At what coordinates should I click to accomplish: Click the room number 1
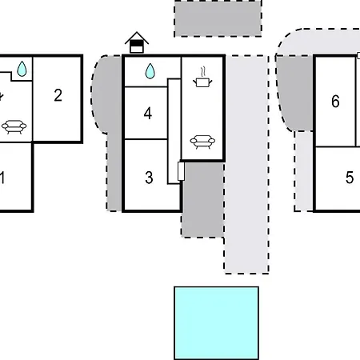2,178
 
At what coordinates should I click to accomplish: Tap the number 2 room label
58,95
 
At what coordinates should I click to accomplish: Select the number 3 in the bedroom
149,178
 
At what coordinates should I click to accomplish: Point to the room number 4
148,114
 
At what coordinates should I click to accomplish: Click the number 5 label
350,178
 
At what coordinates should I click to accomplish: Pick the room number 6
335,102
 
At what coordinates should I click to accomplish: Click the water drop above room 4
150,71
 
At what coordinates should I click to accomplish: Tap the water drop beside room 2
22,69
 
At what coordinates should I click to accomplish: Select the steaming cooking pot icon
202,77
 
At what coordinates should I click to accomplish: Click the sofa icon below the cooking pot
202,142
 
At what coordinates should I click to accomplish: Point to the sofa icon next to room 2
14,126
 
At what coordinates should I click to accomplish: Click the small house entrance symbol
137,42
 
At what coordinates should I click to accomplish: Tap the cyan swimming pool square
216,323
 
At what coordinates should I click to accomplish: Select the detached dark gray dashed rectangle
218,18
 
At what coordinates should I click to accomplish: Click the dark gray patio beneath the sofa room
202,199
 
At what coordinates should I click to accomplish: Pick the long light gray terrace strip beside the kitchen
246,164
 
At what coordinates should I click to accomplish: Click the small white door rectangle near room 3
181,171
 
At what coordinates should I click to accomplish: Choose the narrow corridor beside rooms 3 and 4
174,131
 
